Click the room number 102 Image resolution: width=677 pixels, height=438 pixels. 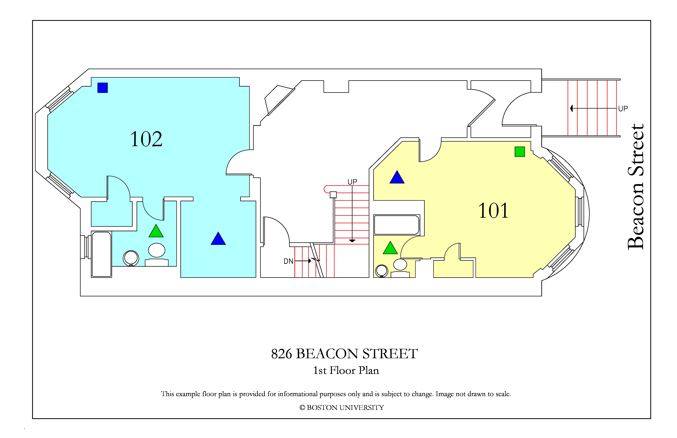pos(146,139)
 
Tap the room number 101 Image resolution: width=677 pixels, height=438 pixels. pos(493,211)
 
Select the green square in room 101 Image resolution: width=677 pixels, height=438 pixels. pos(520,152)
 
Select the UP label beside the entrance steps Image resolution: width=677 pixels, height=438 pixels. pos(623,109)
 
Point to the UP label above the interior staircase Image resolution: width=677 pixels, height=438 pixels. pos(352,182)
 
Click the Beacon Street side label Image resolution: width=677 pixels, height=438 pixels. pos(635,187)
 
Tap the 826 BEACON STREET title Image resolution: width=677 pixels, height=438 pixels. pos(344,354)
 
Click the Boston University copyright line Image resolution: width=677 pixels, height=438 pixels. pos(342,408)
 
